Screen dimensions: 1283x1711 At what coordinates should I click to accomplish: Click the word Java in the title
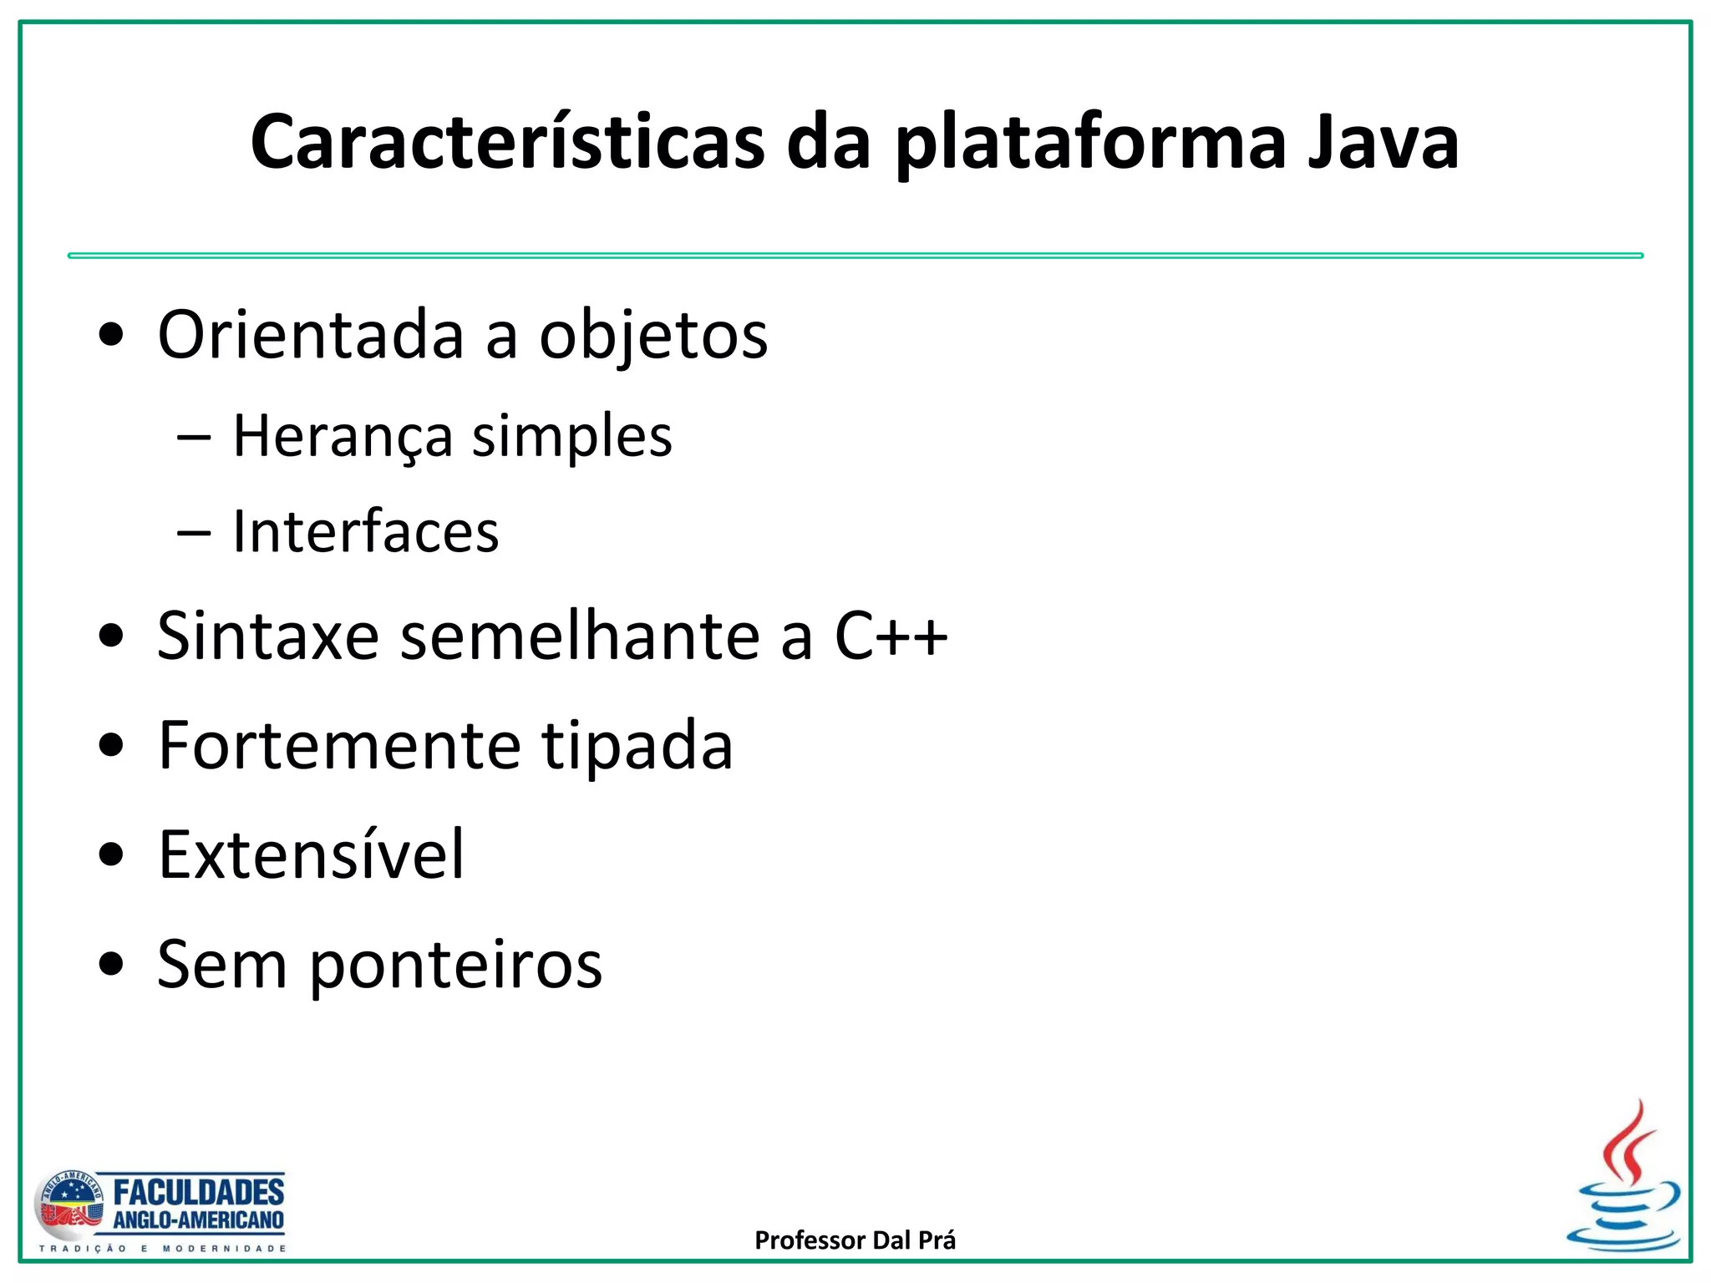(1383, 143)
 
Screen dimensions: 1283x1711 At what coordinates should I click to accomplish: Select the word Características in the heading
(507, 143)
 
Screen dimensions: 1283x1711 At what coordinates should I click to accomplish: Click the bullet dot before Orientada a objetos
(110, 336)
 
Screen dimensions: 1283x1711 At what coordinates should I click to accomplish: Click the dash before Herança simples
(194, 437)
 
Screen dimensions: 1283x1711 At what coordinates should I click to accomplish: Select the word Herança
(342, 437)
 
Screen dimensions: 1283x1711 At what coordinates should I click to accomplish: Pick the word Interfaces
(365, 532)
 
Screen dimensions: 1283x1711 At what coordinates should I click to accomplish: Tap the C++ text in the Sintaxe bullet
(891, 636)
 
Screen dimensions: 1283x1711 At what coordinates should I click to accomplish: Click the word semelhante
(580, 636)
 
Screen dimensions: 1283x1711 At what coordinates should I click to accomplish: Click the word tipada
(637, 747)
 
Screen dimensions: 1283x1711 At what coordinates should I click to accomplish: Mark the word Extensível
(311, 854)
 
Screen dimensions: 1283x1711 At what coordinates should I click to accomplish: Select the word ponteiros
(456, 966)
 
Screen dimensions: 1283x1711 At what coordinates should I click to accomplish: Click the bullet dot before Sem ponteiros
(110, 965)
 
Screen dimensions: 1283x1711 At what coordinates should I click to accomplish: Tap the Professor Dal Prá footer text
(855, 1240)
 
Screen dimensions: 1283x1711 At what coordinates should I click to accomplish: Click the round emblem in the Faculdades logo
(69, 1205)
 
